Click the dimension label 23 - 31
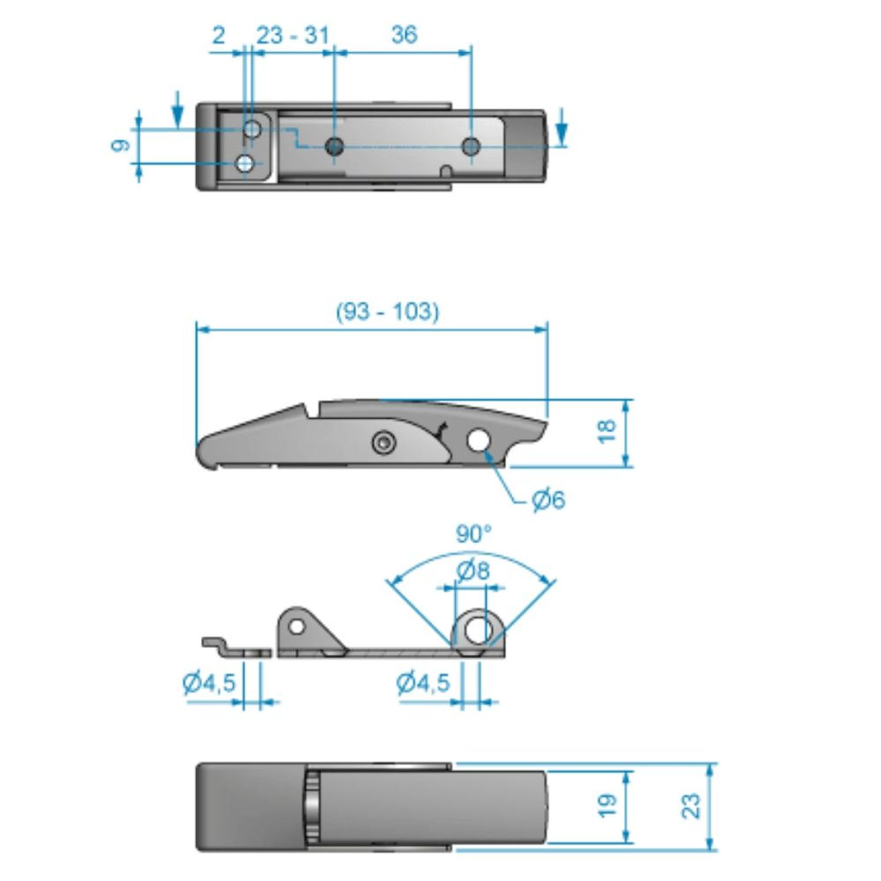(x=292, y=35)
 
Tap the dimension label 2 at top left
(x=218, y=35)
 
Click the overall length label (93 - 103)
(x=388, y=311)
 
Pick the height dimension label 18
(x=607, y=432)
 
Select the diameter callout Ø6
(x=548, y=500)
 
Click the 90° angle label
(x=473, y=534)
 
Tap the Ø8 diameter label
(x=473, y=570)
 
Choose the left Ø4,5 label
(x=209, y=682)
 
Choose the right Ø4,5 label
(x=423, y=682)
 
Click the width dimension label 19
(x=607, y=805)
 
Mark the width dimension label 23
(x=692, y=805)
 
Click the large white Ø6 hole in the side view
(x=479, y=440)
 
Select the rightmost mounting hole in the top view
(x=470, y=146)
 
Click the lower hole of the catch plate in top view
(x=245, y=163)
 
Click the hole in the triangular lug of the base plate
(x=297, y=627)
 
